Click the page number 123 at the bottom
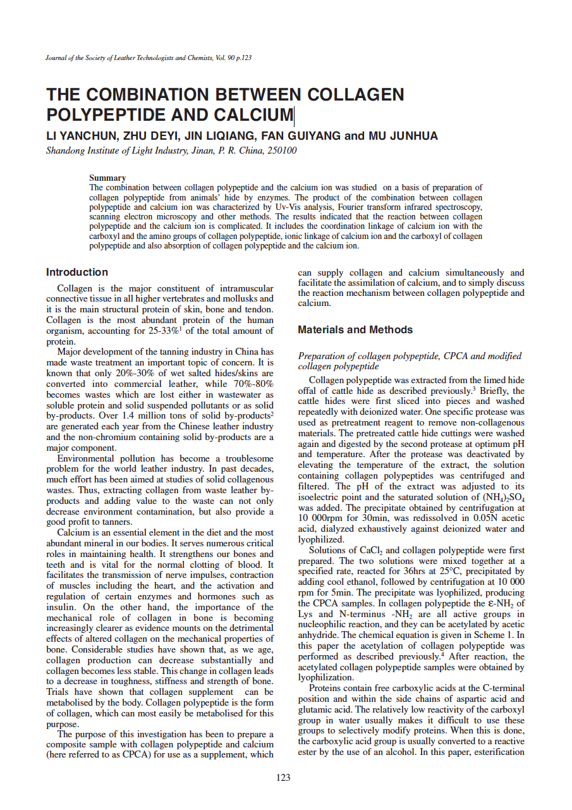pyautogui.click(x=283, y=777)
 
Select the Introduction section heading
pyautogui.click(x=77, y=272)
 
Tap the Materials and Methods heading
pyautogui.click(x=355, y=329)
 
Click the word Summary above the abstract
pyautogui.click(x=107, y=178)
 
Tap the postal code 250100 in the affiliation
pyautogui.click(x=281, y=150)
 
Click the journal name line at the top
pyautogui.click(x=149, y=58)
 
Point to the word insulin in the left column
pyautogui.click(x=59, y=607)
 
